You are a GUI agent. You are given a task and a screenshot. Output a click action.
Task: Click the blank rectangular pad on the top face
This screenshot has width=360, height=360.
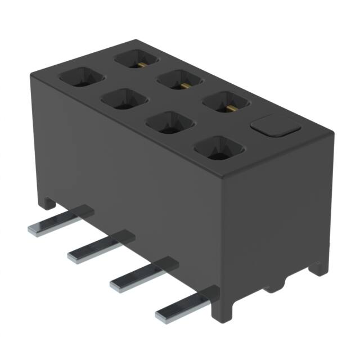pos(275,126)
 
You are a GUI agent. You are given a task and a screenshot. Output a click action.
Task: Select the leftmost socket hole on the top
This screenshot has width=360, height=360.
pos(83,77)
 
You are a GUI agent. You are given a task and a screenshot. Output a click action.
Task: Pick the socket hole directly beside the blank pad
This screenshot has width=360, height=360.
pos(225,104)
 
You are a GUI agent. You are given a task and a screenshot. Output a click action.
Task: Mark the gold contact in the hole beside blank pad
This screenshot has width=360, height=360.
pos(228,107)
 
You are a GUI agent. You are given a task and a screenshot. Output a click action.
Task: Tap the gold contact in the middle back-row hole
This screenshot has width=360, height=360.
pos(183,85)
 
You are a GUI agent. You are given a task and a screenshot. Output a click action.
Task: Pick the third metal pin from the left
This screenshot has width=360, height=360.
pos(140,274)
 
